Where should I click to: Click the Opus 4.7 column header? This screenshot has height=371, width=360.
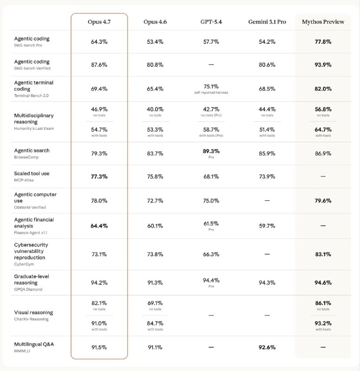(99, 22)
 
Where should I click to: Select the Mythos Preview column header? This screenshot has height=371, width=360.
(323, 22)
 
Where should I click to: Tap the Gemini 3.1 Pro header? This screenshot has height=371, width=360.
(267, 22)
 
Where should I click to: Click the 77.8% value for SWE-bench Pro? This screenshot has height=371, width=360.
(323, 42)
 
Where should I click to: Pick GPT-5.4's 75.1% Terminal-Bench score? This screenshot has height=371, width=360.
(211, 86)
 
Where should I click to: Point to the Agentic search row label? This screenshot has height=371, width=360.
(32, 150)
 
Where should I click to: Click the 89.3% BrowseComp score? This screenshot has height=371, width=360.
(211, 151)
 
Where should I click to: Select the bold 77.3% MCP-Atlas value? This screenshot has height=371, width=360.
(99, 177)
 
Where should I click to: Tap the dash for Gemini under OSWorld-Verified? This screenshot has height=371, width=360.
(267, 200)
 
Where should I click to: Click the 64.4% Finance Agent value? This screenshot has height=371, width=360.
(99, 226)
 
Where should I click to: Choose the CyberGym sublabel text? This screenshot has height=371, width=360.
(24, 264)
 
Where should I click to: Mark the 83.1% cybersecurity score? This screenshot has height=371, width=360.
(323, 254)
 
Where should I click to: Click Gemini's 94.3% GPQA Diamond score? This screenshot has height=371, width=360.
(267, 282)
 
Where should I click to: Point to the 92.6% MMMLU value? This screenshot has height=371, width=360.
(267, 347)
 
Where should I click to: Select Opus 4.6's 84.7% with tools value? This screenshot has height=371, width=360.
(155, 323)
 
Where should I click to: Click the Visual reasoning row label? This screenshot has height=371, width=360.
(33, 313)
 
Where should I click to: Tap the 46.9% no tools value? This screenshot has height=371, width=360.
(99, 109)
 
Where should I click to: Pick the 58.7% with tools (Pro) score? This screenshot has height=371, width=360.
(211, 130)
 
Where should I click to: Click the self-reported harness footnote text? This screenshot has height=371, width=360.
(211, 92)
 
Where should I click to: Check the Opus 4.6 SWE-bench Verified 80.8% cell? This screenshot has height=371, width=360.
(155, 64)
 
